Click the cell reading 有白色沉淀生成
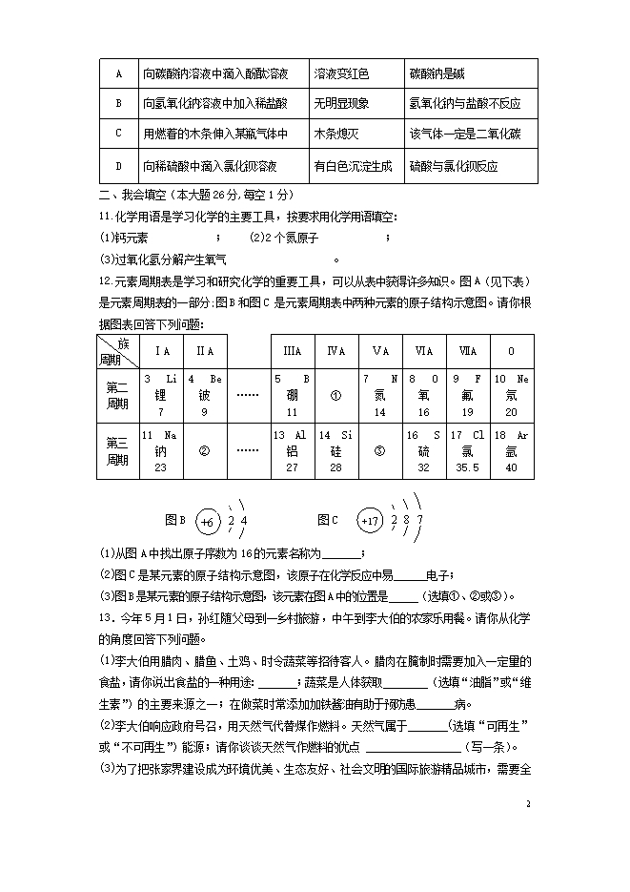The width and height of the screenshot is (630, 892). click(353, 166)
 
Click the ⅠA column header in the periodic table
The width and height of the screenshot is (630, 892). click(161, 351)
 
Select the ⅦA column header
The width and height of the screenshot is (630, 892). click(467, 351)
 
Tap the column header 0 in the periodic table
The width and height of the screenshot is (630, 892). click(511, 351)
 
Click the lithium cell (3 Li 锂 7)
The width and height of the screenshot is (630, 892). click(161, 395)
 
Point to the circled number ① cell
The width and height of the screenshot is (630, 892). click(335, 395)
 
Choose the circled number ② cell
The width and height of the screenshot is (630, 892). click(204, 451)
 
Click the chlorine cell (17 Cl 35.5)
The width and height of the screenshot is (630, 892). click(467, 451)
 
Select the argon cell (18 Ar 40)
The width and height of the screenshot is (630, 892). click(511, 451)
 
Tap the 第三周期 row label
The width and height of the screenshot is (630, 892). click(117, 451)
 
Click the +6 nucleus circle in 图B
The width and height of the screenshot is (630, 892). click(210, 521)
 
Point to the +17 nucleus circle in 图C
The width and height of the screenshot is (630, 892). click(371, 521)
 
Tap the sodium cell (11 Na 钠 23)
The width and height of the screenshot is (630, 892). click(161, 451)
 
